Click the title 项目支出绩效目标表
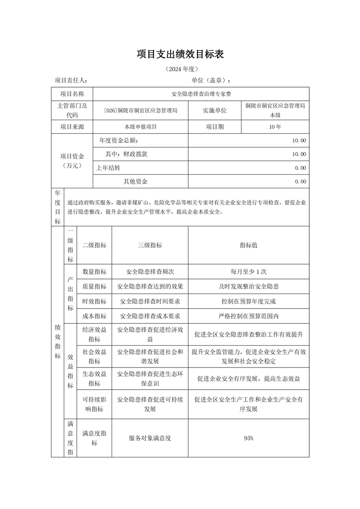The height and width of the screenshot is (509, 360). pos(180,54)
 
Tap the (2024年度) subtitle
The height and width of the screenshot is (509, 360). pos(180,69)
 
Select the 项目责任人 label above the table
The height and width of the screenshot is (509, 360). pos(71,80)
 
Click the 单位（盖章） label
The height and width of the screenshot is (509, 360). pos(211,80)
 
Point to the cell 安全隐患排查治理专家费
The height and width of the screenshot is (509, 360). pos(202,94)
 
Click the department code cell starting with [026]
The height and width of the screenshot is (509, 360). pos(140,110)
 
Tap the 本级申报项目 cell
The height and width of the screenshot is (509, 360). pos(140,127)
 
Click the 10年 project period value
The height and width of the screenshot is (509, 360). pos(275,127)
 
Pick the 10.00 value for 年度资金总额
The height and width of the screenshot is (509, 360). pos(299,141)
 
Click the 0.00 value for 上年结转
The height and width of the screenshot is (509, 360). pos(300,168)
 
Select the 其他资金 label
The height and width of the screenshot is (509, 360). pos(136,181)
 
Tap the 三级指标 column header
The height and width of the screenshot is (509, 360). pos(150,245)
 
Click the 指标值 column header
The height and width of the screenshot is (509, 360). pos(248,245)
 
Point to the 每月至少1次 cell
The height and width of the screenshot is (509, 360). pos(248,272)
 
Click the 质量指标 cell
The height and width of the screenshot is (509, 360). pos(94,286)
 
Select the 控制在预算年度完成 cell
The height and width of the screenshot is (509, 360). pos(248,301)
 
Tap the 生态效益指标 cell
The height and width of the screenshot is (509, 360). pos(94,378)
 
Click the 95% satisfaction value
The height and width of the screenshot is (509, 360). pos(248,438)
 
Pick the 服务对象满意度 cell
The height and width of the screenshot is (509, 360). pos(150,438)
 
